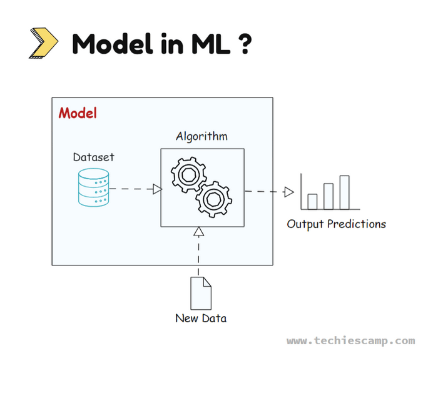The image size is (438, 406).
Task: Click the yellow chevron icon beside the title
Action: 43,44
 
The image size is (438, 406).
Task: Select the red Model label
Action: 78,114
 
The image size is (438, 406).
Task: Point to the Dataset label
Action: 94,157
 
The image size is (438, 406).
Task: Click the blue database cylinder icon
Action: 93,188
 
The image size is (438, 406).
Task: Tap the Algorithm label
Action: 201,136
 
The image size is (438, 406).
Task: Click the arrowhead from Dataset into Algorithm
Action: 158,189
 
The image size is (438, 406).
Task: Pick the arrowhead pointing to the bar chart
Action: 288,192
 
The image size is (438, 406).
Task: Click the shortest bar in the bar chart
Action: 312,201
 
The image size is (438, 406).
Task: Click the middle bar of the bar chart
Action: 328,196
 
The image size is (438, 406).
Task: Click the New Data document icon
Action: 201,293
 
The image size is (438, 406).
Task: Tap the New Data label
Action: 201,319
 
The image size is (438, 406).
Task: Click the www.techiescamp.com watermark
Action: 350,341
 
